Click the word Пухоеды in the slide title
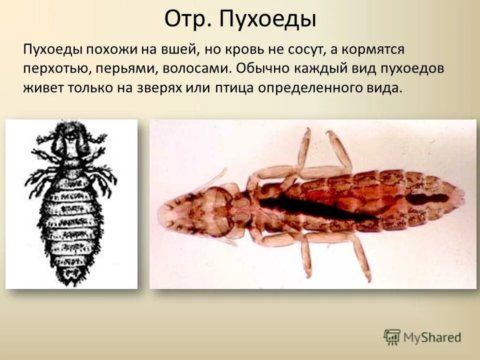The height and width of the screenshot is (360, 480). pyautogui.click(x=269, y=20)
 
